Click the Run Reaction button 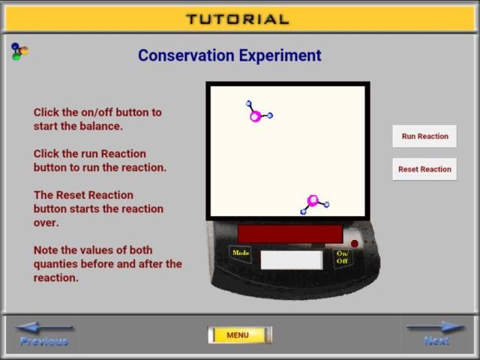(424, 136)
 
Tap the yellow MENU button (240, 335)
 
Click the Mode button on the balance (241, 253)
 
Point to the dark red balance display (290, 234)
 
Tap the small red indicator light (355, 244)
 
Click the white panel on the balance (292, 260)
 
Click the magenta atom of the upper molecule (256, 116)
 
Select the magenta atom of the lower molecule (313, 200)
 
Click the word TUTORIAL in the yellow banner (238, 19)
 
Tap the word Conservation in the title (186, 55)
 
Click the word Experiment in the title (280, 56)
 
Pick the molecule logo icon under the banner (19, 51)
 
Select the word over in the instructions (46, 223)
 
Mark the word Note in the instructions (46, 250)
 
